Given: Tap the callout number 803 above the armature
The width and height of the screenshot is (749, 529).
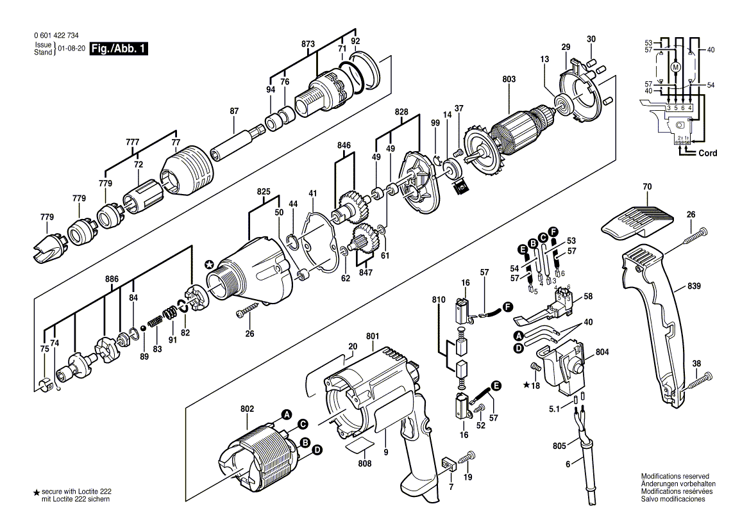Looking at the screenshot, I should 509,79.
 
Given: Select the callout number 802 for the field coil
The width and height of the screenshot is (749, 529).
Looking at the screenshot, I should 248,409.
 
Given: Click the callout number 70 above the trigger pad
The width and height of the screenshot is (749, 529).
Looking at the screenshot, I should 646,187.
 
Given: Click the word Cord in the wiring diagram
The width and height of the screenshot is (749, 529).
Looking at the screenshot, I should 707,154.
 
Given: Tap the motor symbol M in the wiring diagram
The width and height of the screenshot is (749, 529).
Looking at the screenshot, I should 674,67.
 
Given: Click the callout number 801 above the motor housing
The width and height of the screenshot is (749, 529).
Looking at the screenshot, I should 373,336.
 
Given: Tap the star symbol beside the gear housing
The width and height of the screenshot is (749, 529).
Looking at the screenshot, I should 208,264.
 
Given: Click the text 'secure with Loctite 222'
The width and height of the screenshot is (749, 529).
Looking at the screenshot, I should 76,491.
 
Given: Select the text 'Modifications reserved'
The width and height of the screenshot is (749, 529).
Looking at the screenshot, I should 675,476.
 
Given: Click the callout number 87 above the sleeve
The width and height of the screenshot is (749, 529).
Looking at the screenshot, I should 234,111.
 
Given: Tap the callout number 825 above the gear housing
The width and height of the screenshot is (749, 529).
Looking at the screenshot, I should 264,191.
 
